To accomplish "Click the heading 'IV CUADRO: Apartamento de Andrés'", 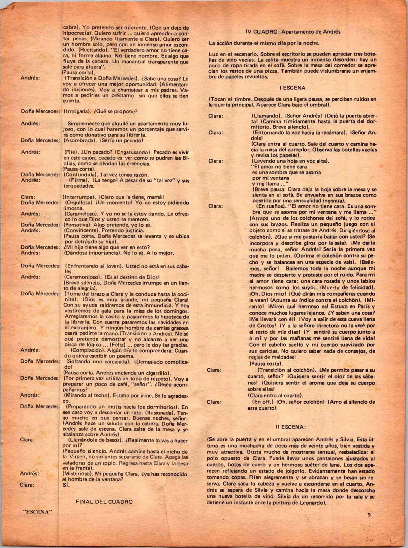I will tap(293, 32).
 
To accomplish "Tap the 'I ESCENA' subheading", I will tap(292, 88).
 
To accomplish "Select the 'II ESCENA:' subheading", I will tap(290, 427).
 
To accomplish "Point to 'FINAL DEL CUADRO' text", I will tap(104, 502).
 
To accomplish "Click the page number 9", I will tap(369, 515).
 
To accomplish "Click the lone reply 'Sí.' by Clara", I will tap(66, 485).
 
